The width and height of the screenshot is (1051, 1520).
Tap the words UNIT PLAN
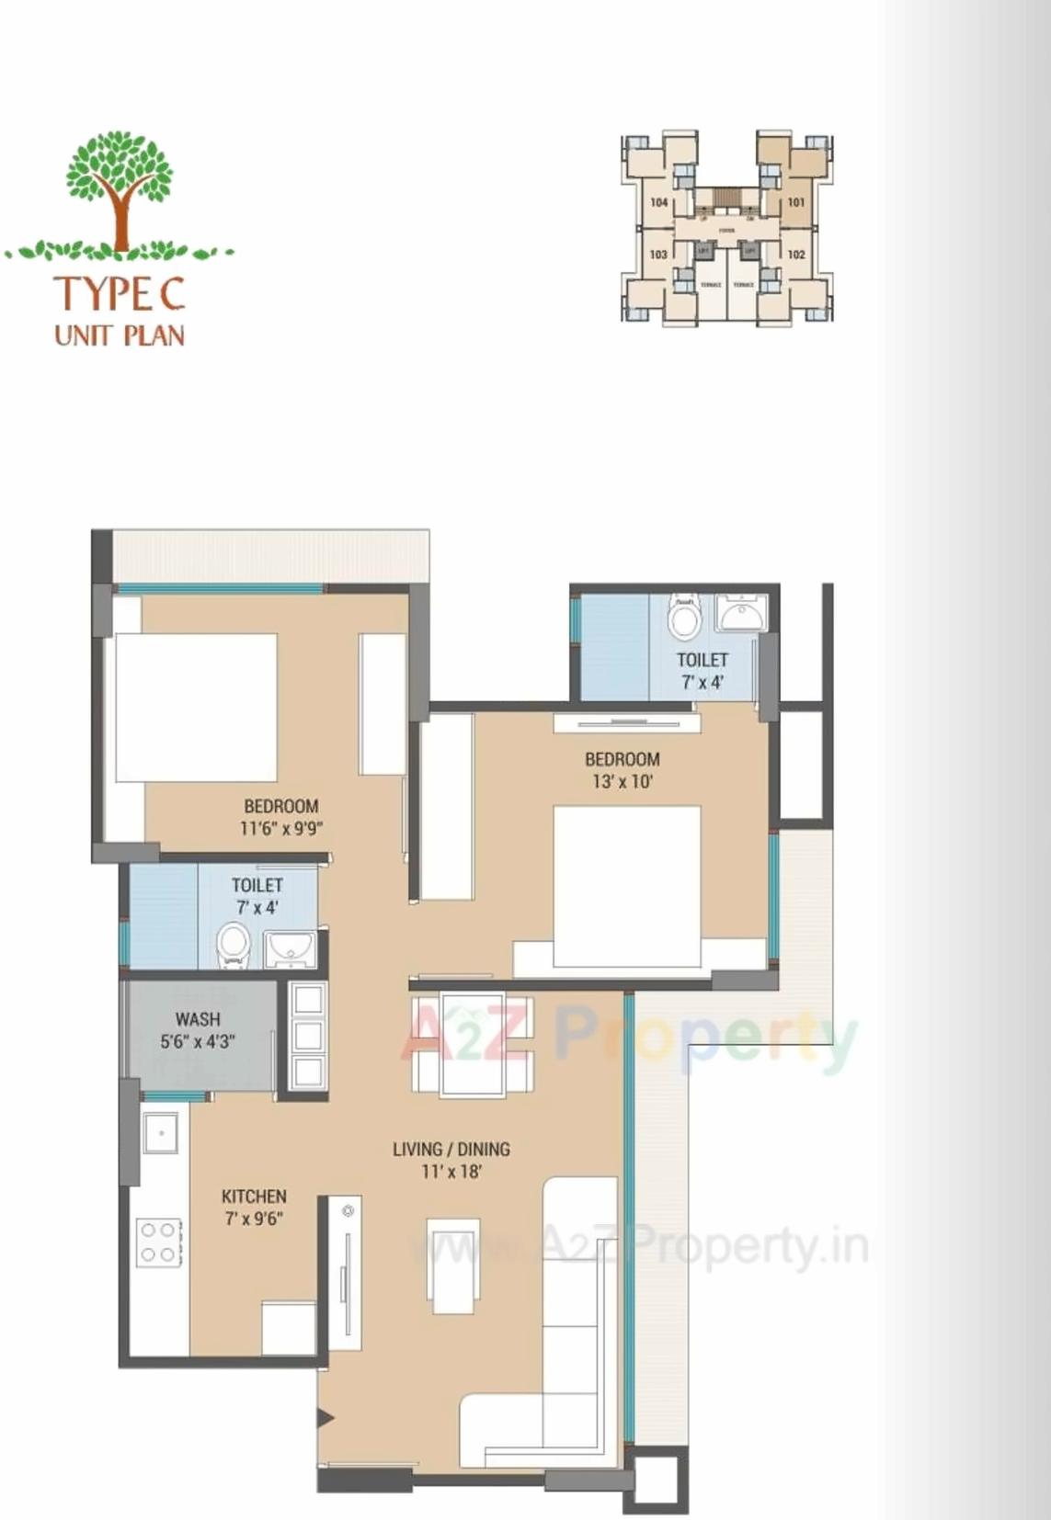click(120, 335)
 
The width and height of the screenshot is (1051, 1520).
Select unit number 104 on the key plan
click(659, 202)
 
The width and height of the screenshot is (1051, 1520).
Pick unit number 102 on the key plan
click(796, 255)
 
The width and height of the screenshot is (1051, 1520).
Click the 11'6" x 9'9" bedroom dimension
click(280, 828)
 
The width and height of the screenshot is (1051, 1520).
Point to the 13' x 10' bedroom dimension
click(623, 782)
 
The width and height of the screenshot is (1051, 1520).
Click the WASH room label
click(198, 1019)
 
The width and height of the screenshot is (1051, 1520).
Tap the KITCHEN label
click(254, 1197)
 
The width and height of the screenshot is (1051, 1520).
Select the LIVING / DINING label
click(451, 1149)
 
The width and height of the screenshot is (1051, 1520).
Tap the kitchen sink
click(161, 1133)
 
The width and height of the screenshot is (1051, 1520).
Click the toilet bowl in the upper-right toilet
click(683, 618)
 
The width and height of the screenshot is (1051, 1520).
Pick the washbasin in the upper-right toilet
click(741, 613)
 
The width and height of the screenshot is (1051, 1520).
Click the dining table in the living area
click(472, 1045)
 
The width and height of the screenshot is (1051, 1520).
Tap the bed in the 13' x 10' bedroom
click(627, 885)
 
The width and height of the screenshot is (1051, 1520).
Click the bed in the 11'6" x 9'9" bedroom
click(196, 707)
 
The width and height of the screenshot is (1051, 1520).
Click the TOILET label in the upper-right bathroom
click(702, 660)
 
